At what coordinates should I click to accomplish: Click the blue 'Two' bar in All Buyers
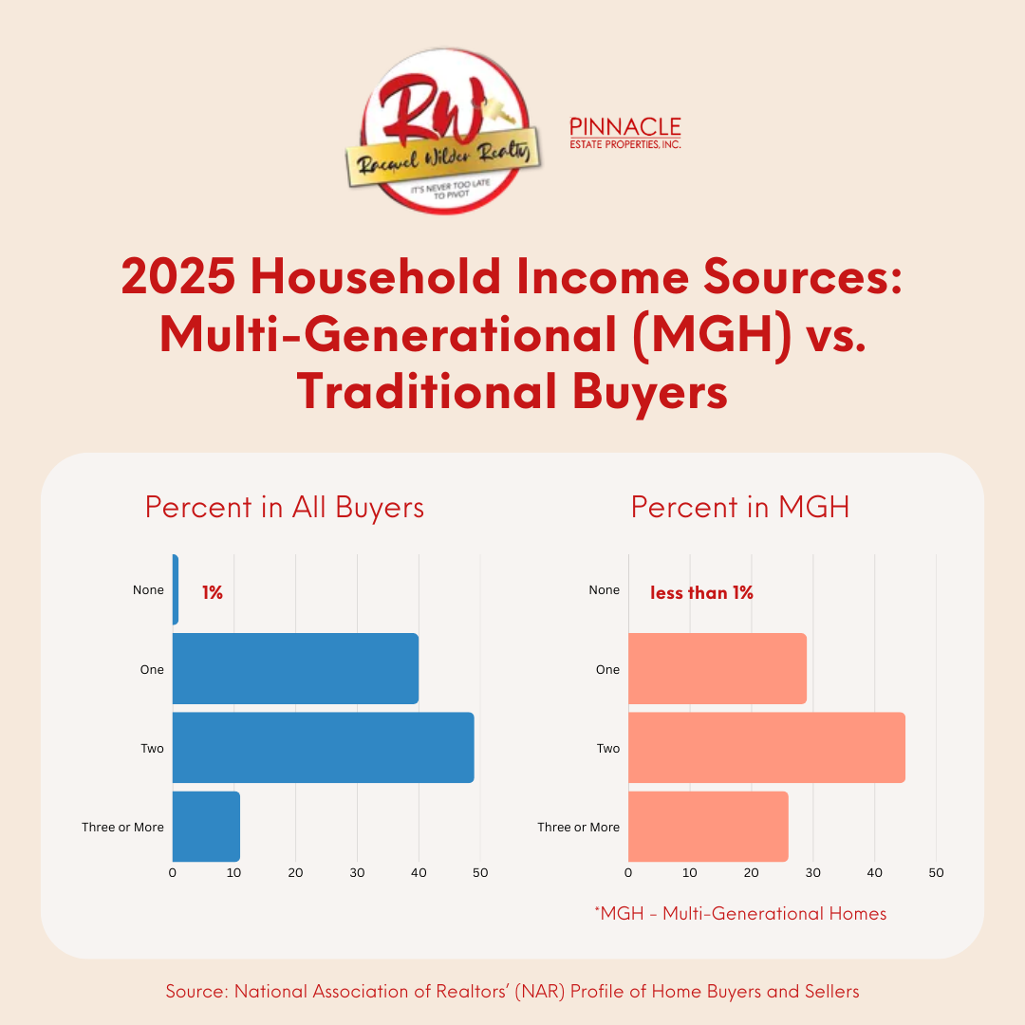pos(323,748)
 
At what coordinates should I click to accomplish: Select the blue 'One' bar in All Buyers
pos(295,669)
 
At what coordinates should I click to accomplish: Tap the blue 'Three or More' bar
pos(206,827)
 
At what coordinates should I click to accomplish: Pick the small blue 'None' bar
pos(176,590)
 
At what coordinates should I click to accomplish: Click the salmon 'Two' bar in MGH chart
pos(766,748)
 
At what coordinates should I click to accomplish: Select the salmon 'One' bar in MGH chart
pos(717,669)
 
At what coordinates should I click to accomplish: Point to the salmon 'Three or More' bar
pos(707,827)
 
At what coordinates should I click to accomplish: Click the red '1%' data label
pos(212,592)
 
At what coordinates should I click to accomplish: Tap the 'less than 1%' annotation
pos(701,592)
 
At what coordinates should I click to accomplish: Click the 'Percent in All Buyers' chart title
pos(285,507)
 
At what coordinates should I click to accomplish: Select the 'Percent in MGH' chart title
pos(740,507)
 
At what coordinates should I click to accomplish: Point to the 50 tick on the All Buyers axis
pos(480,872)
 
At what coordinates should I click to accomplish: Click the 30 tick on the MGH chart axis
pos(813,872)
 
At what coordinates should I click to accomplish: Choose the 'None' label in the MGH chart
pos(604,590)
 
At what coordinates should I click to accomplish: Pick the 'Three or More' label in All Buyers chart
pos(122,827)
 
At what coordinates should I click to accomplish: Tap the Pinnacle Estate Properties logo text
pos(624,133)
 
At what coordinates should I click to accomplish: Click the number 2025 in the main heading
pos(177,277)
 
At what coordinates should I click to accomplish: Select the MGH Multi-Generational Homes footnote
pos(740,914)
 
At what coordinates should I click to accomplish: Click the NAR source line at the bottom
pos(512,992)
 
